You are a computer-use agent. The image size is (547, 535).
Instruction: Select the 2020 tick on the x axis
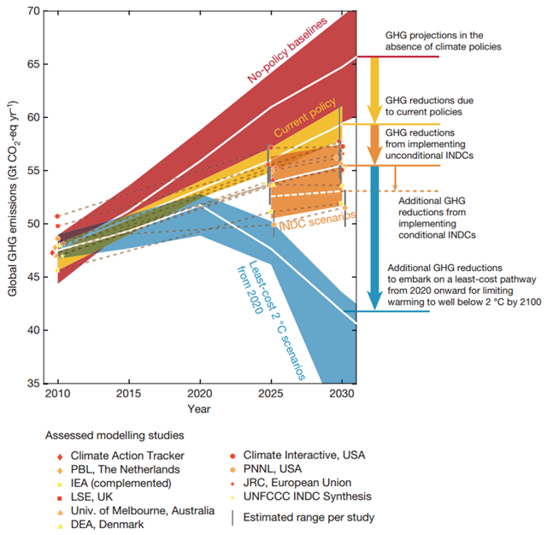tap(200, 395)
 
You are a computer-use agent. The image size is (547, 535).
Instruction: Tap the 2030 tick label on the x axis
tap(341, 395)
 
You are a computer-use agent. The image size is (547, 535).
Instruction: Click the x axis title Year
tap(200, 409)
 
